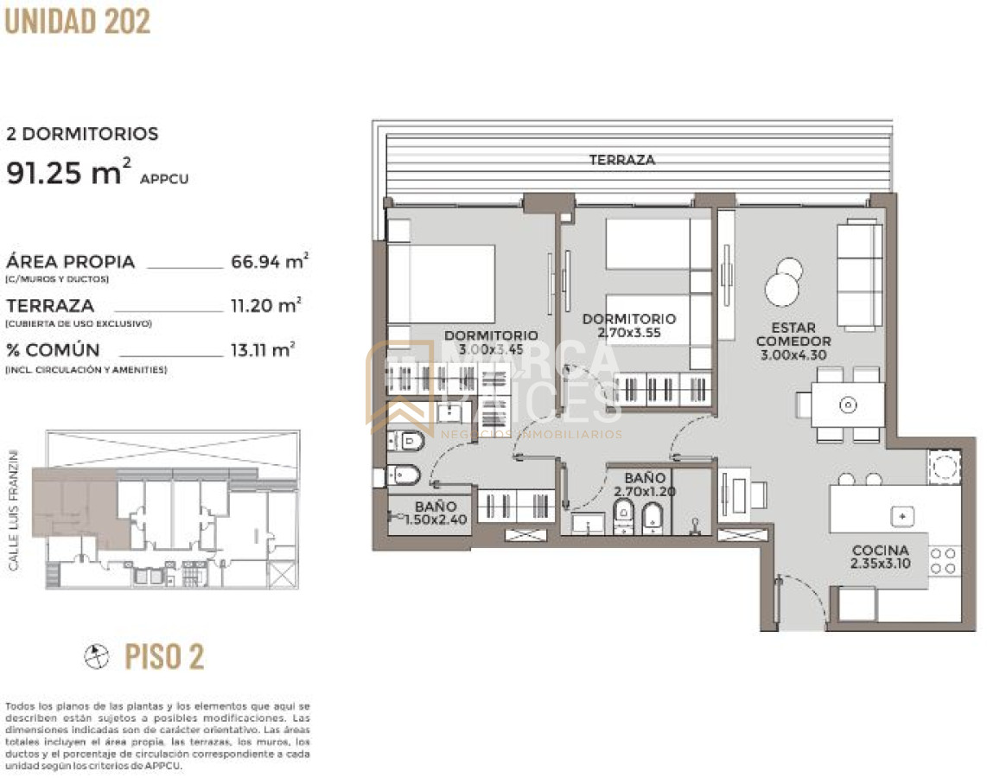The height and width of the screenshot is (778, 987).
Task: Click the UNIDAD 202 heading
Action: [78, 21]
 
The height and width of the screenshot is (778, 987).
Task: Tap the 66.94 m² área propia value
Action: [271, 261]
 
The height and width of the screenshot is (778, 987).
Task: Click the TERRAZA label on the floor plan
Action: [621, 160]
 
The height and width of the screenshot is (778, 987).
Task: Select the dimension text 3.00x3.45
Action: [491, 350]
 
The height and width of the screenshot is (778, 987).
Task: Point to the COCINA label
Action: [880, 551]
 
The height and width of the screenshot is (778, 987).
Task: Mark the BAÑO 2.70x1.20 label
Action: [644, 485]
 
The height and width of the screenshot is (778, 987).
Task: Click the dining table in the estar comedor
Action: [848, 405]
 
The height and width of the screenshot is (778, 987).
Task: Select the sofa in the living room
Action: [859, 275]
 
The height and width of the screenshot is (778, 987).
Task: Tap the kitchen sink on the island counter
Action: [902, 515]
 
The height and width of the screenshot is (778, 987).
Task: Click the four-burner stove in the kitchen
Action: [944, 560]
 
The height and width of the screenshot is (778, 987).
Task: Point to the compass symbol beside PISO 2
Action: [97, 657]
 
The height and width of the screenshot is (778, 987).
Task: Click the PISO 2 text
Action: [164, 657]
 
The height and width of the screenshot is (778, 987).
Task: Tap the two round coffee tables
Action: [785, 281]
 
